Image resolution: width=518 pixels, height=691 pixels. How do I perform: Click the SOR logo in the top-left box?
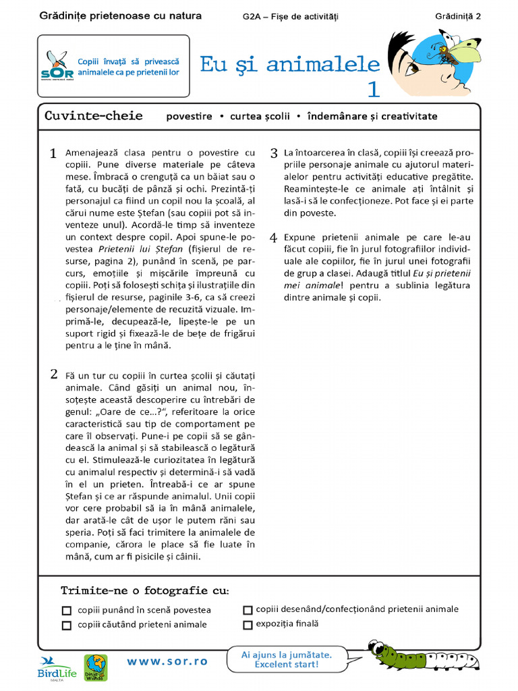point(57,66)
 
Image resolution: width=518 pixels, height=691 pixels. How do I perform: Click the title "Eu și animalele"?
point(290,64)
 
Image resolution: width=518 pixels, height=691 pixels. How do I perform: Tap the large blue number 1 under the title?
point(374,89)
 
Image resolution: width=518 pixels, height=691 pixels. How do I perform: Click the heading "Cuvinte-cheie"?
point(93,115)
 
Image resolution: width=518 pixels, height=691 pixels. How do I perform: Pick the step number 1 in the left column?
point(53,155)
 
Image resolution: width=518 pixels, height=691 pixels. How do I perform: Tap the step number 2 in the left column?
point(53,375)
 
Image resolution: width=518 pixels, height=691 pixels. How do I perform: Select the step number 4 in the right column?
point(274,239)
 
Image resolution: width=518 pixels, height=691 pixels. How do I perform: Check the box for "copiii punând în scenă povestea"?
point(66,610)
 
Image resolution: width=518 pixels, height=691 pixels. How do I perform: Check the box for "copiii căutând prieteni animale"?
point(66,625)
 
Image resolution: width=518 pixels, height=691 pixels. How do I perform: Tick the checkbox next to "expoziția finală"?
point(248,624)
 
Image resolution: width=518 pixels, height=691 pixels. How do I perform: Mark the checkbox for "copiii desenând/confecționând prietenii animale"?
point(248,609)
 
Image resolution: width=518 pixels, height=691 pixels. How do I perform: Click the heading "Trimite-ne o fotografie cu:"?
point(144,590)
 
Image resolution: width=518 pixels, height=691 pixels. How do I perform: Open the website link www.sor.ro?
point(167,661)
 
